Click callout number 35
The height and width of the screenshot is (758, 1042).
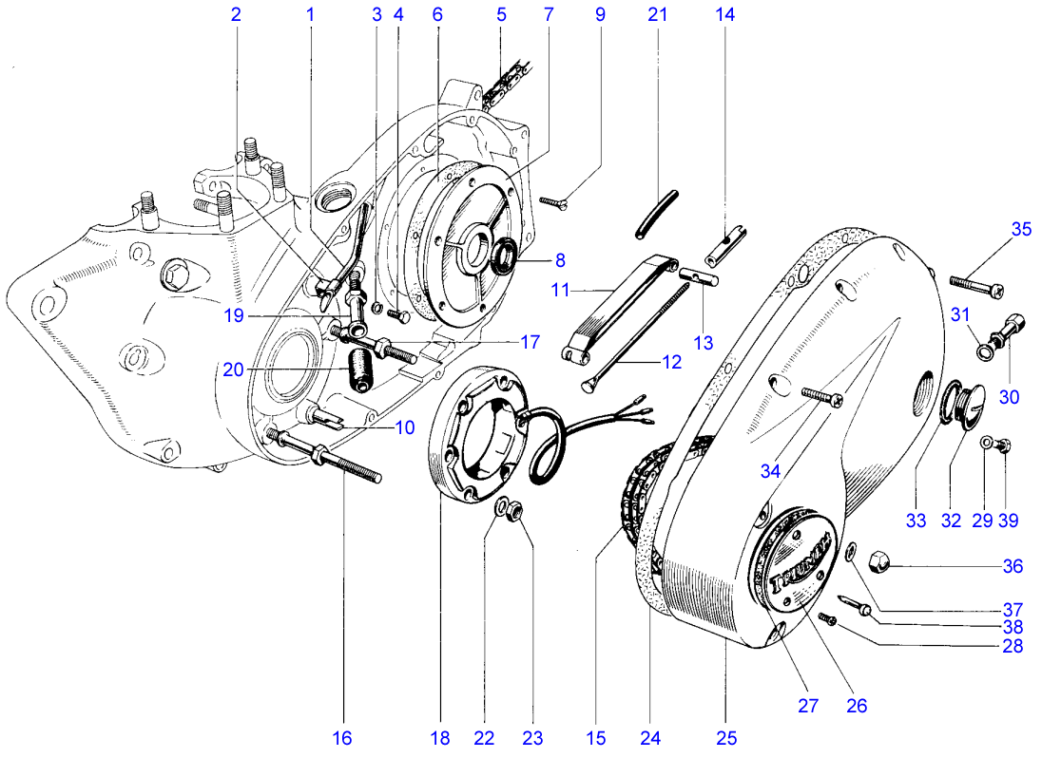(x=1020, y=229)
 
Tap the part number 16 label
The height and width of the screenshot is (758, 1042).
(x=341, y=737)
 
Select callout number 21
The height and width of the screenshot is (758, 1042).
(x=658, y=15)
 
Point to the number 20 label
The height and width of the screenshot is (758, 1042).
(x=234, y=370)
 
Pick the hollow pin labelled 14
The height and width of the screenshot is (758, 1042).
(x=727, y=241)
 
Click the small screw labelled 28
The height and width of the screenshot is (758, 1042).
(x=830, y=620)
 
